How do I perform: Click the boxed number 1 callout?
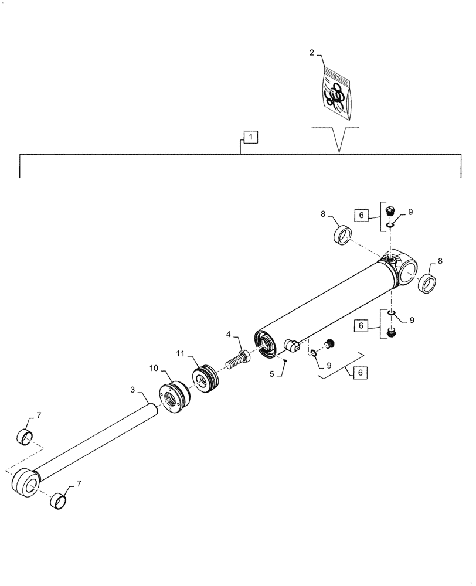coord(250,137)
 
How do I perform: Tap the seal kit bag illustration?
coord(336,93)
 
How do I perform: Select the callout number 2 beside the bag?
coord(311,53)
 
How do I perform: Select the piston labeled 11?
coord(206,379)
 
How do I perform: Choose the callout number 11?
coord(180,353)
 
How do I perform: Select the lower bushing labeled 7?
coord(57,501)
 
